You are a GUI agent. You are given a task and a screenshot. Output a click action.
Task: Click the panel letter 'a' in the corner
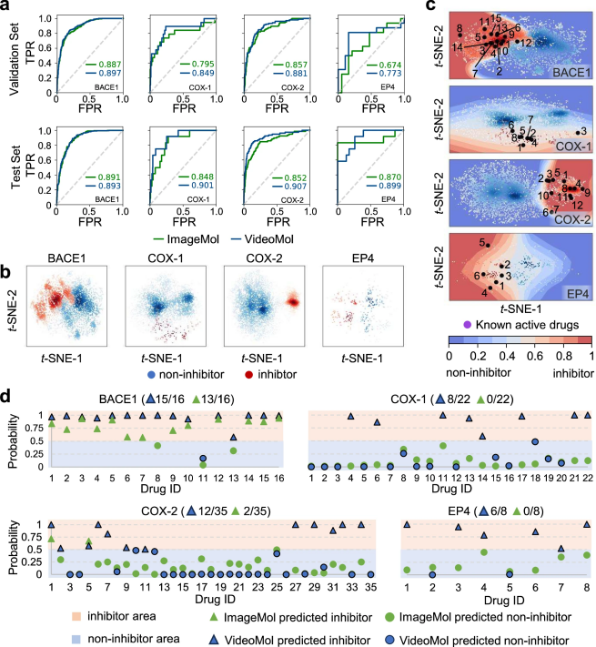click(x=8, y=7)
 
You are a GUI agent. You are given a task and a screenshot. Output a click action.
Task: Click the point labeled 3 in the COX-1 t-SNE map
click(x=570, y=133)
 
